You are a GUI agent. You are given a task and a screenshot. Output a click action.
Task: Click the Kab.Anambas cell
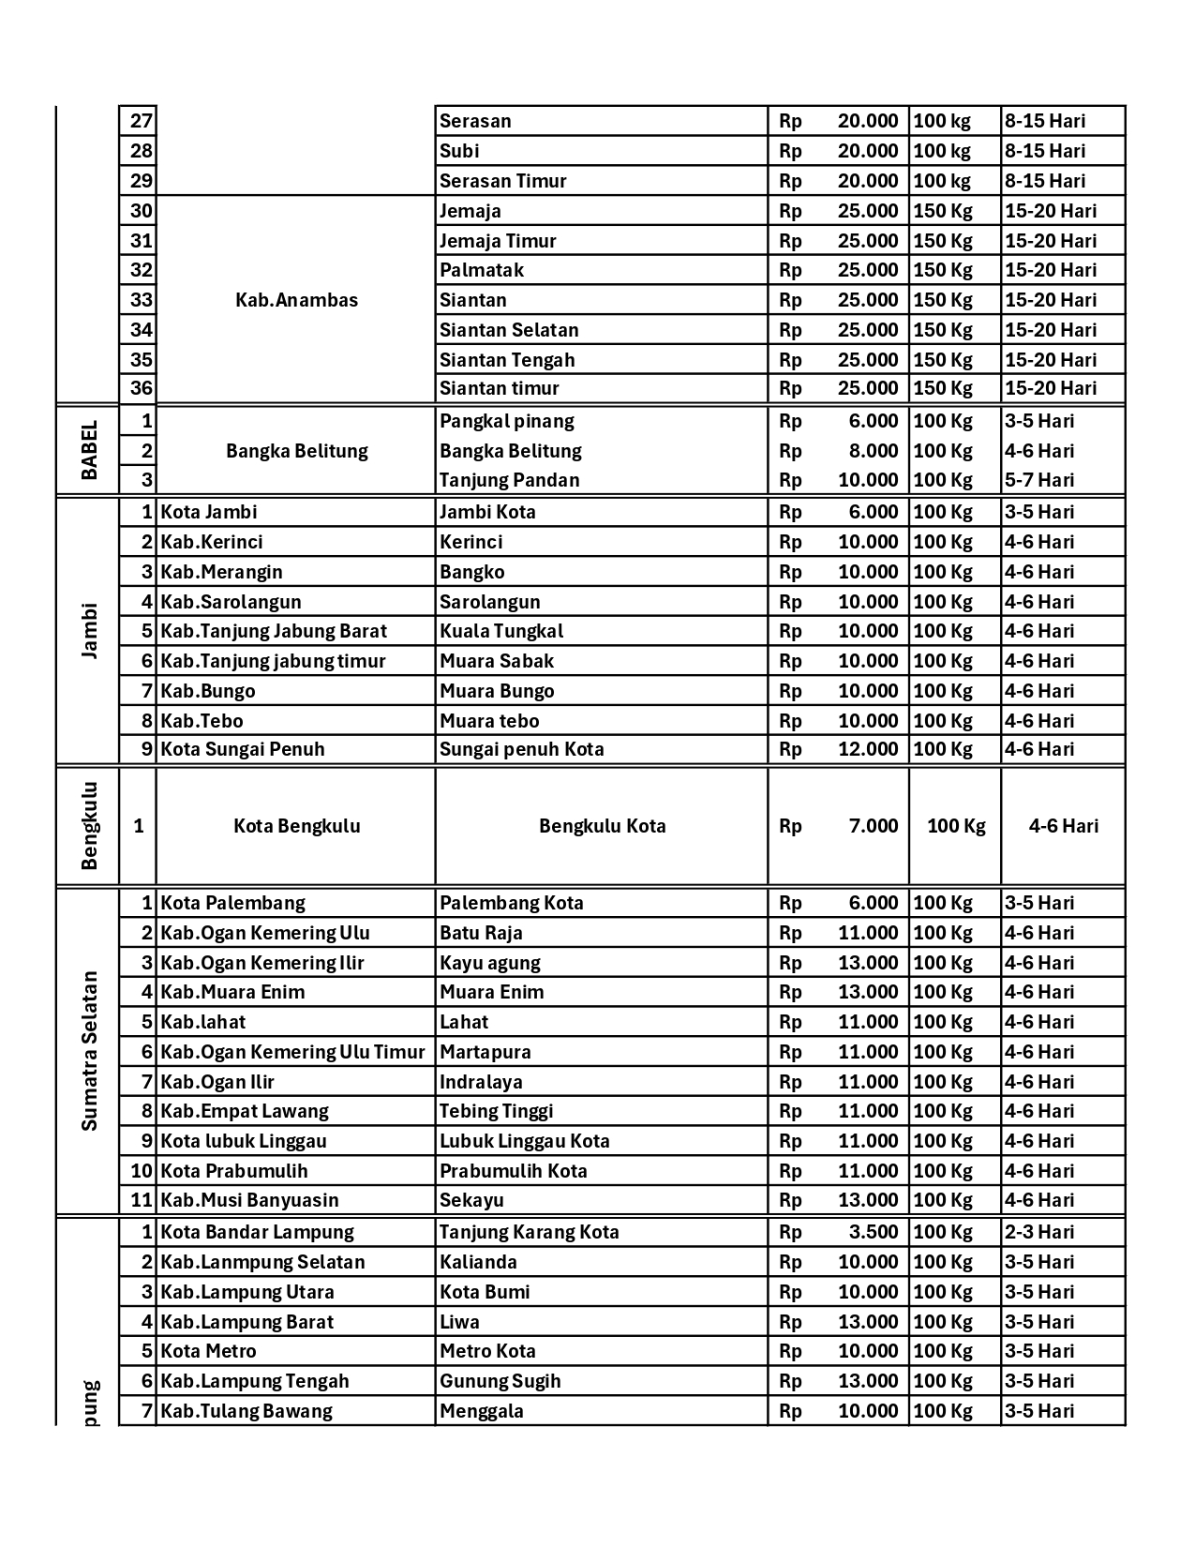pyautogui.click(x=296, y=300)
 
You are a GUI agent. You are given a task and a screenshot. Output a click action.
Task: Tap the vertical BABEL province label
pyautogui.click(x=89, y=450)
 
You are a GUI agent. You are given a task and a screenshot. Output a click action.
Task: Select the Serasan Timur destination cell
pyautogui.click(x=503, y=181)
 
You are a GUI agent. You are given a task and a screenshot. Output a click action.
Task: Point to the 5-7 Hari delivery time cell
pyautogui.click(x=1039, y=480)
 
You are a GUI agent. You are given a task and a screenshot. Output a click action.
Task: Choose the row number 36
pyautogui.click(x=141, y=388)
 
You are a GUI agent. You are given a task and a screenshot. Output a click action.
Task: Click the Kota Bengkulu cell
pyautogui.click(x=296, y=826)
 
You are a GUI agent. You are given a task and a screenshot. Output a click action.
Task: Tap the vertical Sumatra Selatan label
pyautogui.click(x=89, y=1051)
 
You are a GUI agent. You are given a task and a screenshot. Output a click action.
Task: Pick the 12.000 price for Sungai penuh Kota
pyautogui.click(x=867, y=749)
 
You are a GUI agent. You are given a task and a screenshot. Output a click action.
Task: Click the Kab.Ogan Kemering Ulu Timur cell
pyautogui.click(x=292, y=1052)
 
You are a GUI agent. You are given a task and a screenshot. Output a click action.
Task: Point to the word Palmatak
pyautogui.click(x=482, y=270)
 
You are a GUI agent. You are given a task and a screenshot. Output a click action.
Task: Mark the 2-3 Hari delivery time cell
pyautogui.click(x=1039, y=1232)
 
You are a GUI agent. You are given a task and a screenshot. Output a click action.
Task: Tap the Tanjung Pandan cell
pyautogui.click(x=510, y=480)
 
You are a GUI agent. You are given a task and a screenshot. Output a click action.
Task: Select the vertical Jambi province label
pyautogui.click(x=89, y=631)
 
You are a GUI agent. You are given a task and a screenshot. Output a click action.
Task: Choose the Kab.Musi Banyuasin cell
pyautogui.click(x=249, y=1200)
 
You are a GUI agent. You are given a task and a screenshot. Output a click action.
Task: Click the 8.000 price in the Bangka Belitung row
pyautogui.click(x=873, y=451)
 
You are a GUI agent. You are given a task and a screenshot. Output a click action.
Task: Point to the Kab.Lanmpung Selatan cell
pyautogui.click(x=262, y=1262)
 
